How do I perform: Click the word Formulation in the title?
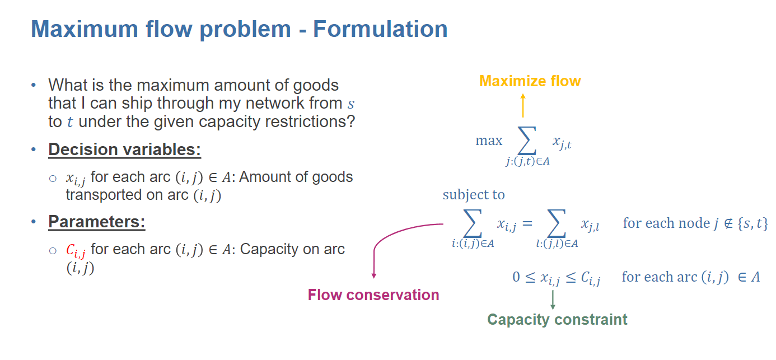click(380, 29)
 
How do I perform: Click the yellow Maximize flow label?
click(530, 81)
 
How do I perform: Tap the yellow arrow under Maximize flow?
click(522, 105)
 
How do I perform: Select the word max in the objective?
click(489, 141)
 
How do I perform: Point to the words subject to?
click(474, 195)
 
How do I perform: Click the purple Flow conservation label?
click(373, 295)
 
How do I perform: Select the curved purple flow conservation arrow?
click(392, 238)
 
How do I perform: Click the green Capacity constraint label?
click(557, 320)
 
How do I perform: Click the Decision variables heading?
click(125, 150)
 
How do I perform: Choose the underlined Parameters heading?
click(97, 222)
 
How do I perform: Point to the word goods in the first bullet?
click(316, 85)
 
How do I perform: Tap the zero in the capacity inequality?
click(516, 277)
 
